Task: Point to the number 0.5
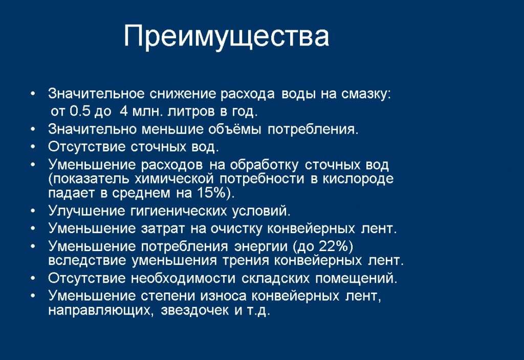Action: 80,111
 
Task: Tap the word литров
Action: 190,111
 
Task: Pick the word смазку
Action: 365,94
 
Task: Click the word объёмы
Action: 234,129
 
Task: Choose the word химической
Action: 174,179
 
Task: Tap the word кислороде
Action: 358,179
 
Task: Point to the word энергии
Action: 260,246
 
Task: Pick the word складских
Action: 275,278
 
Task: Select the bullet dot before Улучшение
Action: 33,211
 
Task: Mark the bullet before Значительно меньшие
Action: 33,128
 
